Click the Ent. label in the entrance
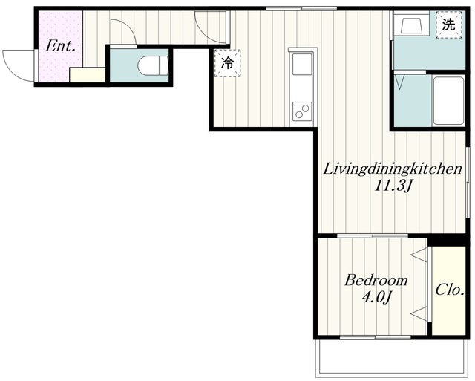[60, 46]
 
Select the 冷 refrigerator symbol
[228, 63]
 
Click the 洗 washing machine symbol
[448, 25]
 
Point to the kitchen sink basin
[302, 64]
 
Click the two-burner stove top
[302, 111]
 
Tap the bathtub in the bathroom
[448, 101]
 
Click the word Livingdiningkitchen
[393, 169]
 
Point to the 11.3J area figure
[393, 186]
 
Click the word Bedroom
[376, 281]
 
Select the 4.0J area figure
[376, 297]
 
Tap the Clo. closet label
[450, 290]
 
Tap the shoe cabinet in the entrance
[88, 74]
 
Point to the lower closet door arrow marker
[419, 313]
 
